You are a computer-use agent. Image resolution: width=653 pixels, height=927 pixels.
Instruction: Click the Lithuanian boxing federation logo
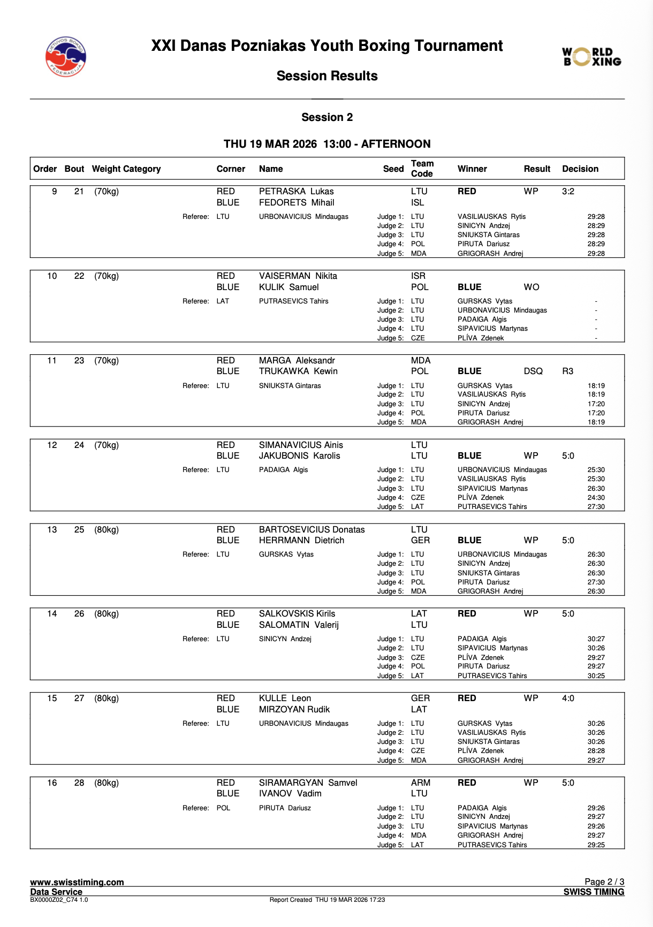click(x=65, y=57)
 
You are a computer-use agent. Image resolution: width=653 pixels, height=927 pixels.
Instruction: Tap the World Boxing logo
click(x=591, y=57)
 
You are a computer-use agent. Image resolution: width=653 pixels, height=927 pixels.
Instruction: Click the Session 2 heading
click(x=327, y=117)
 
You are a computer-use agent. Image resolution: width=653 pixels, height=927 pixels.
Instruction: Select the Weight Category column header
click(x=126, y=169)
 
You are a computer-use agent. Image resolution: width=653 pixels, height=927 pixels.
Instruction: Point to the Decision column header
click(x=580, y=169)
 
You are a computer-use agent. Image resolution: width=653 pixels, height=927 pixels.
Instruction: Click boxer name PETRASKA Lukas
click(x=296, y=191)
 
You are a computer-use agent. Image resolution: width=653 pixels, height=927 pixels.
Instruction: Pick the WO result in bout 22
click(x=531, y=287)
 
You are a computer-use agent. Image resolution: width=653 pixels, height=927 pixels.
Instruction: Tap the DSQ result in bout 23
click(x=533, y=371)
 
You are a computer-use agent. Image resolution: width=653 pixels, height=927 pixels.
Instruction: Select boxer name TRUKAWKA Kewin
click(x=298, y=371)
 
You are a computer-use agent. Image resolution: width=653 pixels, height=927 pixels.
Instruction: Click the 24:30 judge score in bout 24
click(x=596, y=497)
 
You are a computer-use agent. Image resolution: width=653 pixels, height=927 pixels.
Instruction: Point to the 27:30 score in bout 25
click(x=596, y=582)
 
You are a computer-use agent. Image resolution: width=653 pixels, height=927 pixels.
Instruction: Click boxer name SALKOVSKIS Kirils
click(x=297, y=613)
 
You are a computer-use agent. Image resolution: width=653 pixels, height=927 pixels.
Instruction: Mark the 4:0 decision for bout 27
click(x=568, y=698)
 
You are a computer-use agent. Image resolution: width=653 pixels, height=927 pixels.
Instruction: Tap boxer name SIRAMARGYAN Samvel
click(x=308, y=782)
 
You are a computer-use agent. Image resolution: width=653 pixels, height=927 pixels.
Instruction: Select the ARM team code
click(x=421, y=782)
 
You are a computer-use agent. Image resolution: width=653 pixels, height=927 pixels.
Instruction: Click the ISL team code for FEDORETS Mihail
click(x=417, y=202)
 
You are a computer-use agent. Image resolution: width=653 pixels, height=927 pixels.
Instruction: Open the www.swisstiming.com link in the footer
click(x=77, y=882)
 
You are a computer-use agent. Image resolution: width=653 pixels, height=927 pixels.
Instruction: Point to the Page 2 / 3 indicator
click(x=604, y=882)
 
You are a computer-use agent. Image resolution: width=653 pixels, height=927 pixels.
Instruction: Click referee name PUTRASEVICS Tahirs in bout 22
click(x=293, y=301)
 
